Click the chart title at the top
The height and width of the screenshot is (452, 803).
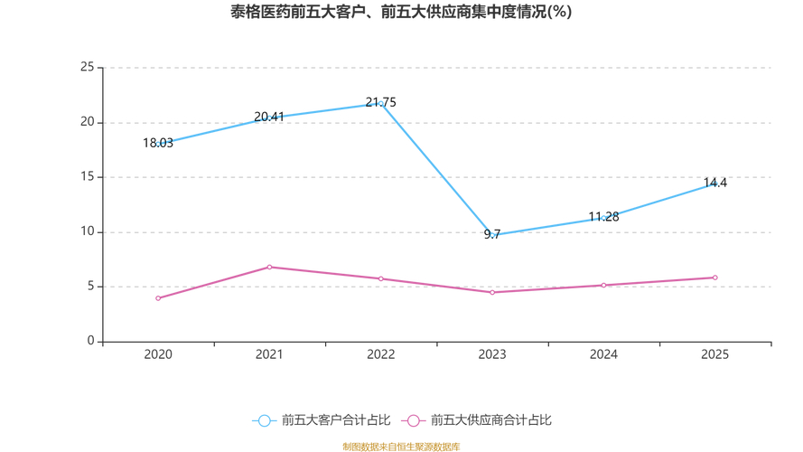401,13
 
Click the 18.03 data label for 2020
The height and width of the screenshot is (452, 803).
158,143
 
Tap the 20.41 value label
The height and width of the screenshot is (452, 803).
269,117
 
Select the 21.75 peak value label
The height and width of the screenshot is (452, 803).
380,102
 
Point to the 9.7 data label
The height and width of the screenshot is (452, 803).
492,234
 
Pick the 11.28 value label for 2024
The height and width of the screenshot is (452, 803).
603,217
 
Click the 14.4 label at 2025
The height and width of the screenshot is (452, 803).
715,183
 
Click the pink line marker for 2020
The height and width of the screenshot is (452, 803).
158,298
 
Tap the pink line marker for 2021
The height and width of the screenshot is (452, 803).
269,267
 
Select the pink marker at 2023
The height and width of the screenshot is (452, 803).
492,292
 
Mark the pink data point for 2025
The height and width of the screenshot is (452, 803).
715,278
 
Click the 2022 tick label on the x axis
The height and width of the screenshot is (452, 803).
380,354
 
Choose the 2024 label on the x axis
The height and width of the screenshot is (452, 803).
603,354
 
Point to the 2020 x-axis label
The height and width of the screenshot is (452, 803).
158,354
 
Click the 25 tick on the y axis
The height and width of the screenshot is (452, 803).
87,67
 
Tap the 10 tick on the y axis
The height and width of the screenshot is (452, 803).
87,231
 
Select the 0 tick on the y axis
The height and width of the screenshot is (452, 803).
90,342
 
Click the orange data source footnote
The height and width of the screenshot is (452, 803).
401,447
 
